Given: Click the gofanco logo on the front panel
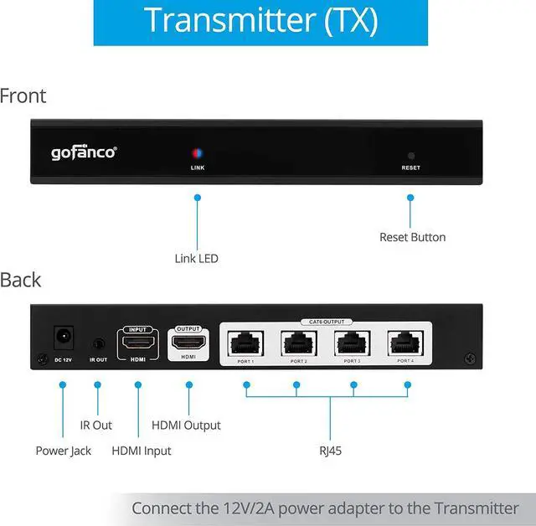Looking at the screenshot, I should [x=84, y=152].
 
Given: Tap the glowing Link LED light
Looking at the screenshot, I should [x=198, y=154].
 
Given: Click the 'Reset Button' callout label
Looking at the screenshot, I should [x=412, y=237].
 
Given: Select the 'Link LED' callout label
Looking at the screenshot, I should [x=196, y=259].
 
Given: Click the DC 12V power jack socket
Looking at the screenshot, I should [x=61, y=339].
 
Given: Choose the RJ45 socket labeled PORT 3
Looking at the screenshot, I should [x=353, y=342].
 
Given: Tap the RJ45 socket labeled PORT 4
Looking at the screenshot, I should [x=405, y=342].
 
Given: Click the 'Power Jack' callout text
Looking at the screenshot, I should [x=64, y=451].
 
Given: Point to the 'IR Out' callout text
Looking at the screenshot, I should [x=96, y=425].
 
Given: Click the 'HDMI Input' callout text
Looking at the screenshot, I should [x=141, y=451].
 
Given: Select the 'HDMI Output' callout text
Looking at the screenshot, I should [x=186, y=425].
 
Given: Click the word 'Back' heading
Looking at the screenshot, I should [x=21, y=280].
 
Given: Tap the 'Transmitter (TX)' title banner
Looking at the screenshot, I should [x=260, y=21].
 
